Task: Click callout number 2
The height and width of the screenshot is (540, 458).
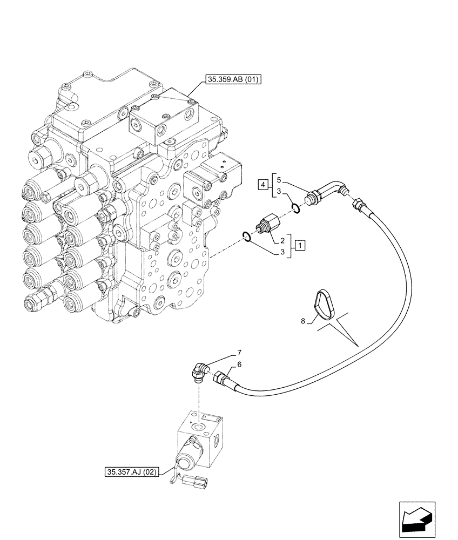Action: (x=282, y=239)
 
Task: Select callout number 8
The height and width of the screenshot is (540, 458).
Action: (x=304, y=321)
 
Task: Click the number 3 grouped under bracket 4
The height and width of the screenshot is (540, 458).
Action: (x=278, y=192)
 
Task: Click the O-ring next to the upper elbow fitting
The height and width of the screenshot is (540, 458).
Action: (x=294, y=207)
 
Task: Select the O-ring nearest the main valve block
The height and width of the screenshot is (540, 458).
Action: (x=247, y=236)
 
